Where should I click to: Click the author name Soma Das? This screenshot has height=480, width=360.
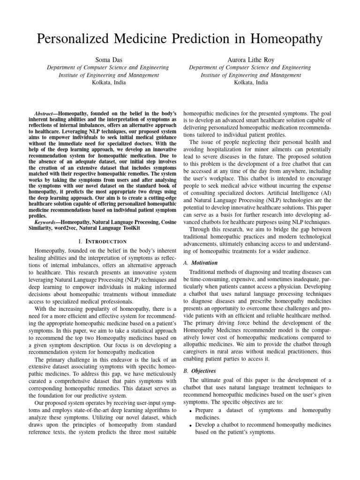(108, 60)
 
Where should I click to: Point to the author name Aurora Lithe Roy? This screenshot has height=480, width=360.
(251, 60)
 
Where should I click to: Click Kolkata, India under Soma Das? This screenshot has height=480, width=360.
(108, 82)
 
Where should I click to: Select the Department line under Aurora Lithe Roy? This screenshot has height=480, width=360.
(251, 67)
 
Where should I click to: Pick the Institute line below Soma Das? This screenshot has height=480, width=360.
(108, 75)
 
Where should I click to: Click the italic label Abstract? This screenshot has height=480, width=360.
(45, 113)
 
